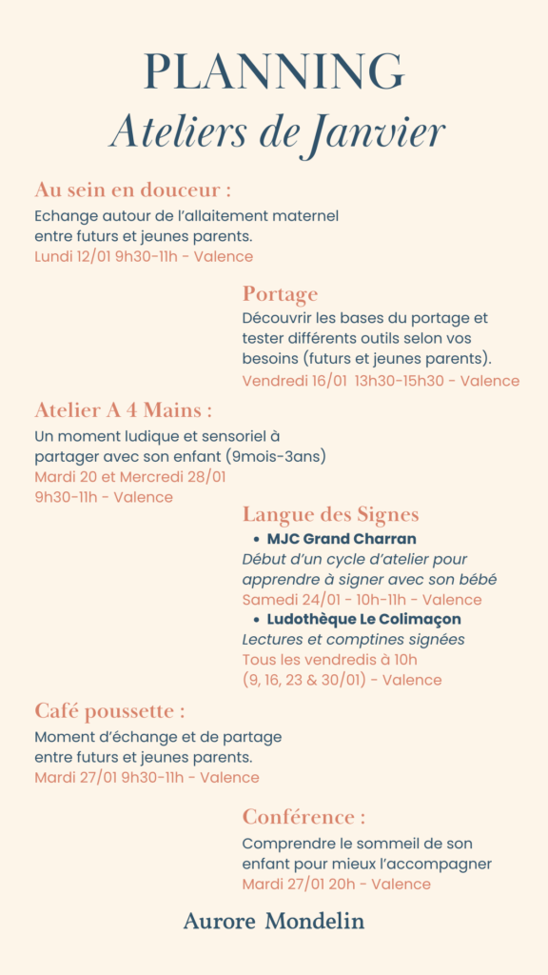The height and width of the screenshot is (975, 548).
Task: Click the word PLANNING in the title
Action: pyautogui.click(x=274, y=73)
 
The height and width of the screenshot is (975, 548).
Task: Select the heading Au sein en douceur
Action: pyautogui.click(x=131, y=189)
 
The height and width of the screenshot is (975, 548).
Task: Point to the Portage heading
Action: pyautogui.click(x=280, y=293)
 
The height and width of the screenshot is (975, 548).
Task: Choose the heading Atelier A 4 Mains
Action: pyautogui.click(x=122, y=410)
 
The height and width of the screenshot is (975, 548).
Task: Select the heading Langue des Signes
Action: pyautogui.click(x=330, y=515)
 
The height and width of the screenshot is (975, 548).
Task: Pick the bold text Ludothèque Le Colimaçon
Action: pyautogui.click(x=363, y=620)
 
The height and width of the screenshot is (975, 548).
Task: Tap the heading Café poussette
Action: pyautogui.click(x=108, y=711)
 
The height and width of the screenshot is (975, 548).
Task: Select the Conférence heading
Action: pyautogui.click(x=303, y=817)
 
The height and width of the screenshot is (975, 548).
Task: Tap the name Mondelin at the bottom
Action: pyautogui.click(x=315, y=921)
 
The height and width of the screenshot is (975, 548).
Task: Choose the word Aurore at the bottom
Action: pyautogui.click(x=219, y=921)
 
